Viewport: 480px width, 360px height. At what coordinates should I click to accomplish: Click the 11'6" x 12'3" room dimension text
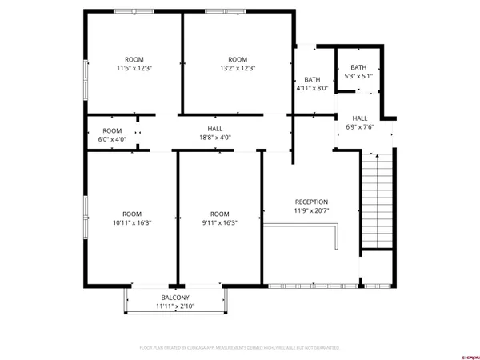[134, 69]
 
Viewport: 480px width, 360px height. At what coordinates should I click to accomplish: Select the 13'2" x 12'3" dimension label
[238, 69]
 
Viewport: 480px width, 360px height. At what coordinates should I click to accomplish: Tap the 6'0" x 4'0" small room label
[112, 140]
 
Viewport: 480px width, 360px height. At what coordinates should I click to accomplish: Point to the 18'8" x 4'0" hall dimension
[215, 138]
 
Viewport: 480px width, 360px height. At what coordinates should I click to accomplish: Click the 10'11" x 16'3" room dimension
[132, 223]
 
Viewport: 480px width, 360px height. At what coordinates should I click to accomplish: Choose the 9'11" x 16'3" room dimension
[219, 223]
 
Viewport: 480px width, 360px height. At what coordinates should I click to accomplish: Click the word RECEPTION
[311, 202]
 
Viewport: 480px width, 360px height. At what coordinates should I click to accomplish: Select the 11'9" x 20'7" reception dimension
[311, 211]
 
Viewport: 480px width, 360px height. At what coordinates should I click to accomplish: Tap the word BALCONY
[175, 297]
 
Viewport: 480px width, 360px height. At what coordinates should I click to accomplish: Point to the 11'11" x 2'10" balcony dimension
[175, 306]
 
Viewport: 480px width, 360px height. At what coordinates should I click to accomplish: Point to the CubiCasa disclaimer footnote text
[239, 348]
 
